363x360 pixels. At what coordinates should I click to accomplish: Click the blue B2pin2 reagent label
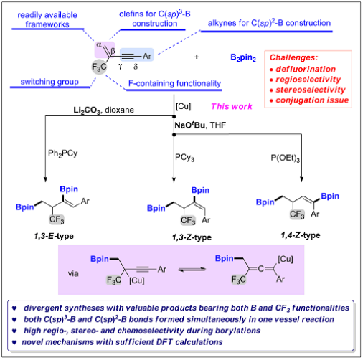click(243, 57)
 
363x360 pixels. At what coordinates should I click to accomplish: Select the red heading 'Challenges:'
click(293, 57)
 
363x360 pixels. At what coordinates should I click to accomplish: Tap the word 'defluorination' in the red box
click(306, 69)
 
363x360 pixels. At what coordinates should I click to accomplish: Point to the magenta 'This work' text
click(232, 106)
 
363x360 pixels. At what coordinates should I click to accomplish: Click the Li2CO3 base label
click(87, 110)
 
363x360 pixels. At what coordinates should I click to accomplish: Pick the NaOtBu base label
click(190, 125)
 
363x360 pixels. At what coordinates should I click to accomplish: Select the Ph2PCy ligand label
click(63, 153)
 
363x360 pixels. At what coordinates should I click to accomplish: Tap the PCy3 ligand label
click(184, 158)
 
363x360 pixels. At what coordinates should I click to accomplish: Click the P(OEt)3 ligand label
click(285, 158)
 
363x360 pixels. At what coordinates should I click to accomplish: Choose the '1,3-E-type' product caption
click(54, 236)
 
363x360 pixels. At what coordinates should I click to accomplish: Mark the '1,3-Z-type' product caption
click(192, 237)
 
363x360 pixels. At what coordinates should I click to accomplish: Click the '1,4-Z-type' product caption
click(301, 235)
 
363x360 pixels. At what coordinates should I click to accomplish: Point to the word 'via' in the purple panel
click(73, 273)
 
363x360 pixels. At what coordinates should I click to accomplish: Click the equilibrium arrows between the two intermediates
click(192, 270)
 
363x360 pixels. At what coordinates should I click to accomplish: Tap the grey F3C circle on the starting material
click(99, 67)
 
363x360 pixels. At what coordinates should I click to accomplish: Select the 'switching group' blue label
click(49, 82)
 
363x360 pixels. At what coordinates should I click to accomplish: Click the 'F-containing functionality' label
click(174, 83)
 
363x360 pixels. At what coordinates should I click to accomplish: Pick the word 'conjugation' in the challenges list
click(297, 100)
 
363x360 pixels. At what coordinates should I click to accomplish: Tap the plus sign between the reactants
click(197, 57)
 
